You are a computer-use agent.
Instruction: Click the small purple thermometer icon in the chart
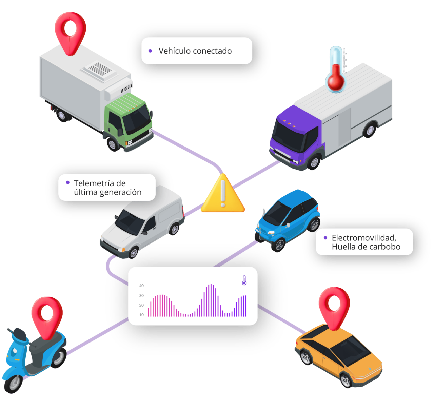coord(244,280)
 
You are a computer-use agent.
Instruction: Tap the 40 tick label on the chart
coord(141,286)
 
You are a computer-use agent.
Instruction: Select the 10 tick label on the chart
coord(141,315)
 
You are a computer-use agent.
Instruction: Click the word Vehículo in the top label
coord(175,51)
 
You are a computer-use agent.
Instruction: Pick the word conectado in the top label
coord(213,51)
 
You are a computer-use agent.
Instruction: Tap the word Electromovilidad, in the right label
coord(364,238)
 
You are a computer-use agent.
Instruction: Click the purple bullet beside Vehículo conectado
coord(150,51)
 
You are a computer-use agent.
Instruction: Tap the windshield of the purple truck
coord(288,136)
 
